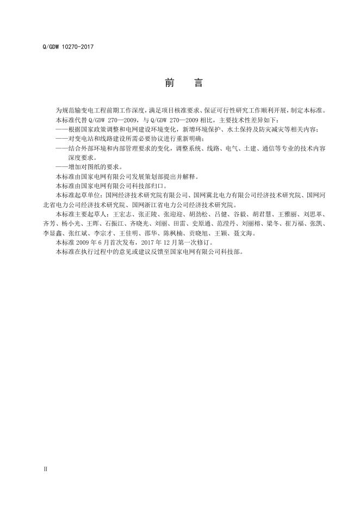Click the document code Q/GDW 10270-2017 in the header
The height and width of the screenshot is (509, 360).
68,47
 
